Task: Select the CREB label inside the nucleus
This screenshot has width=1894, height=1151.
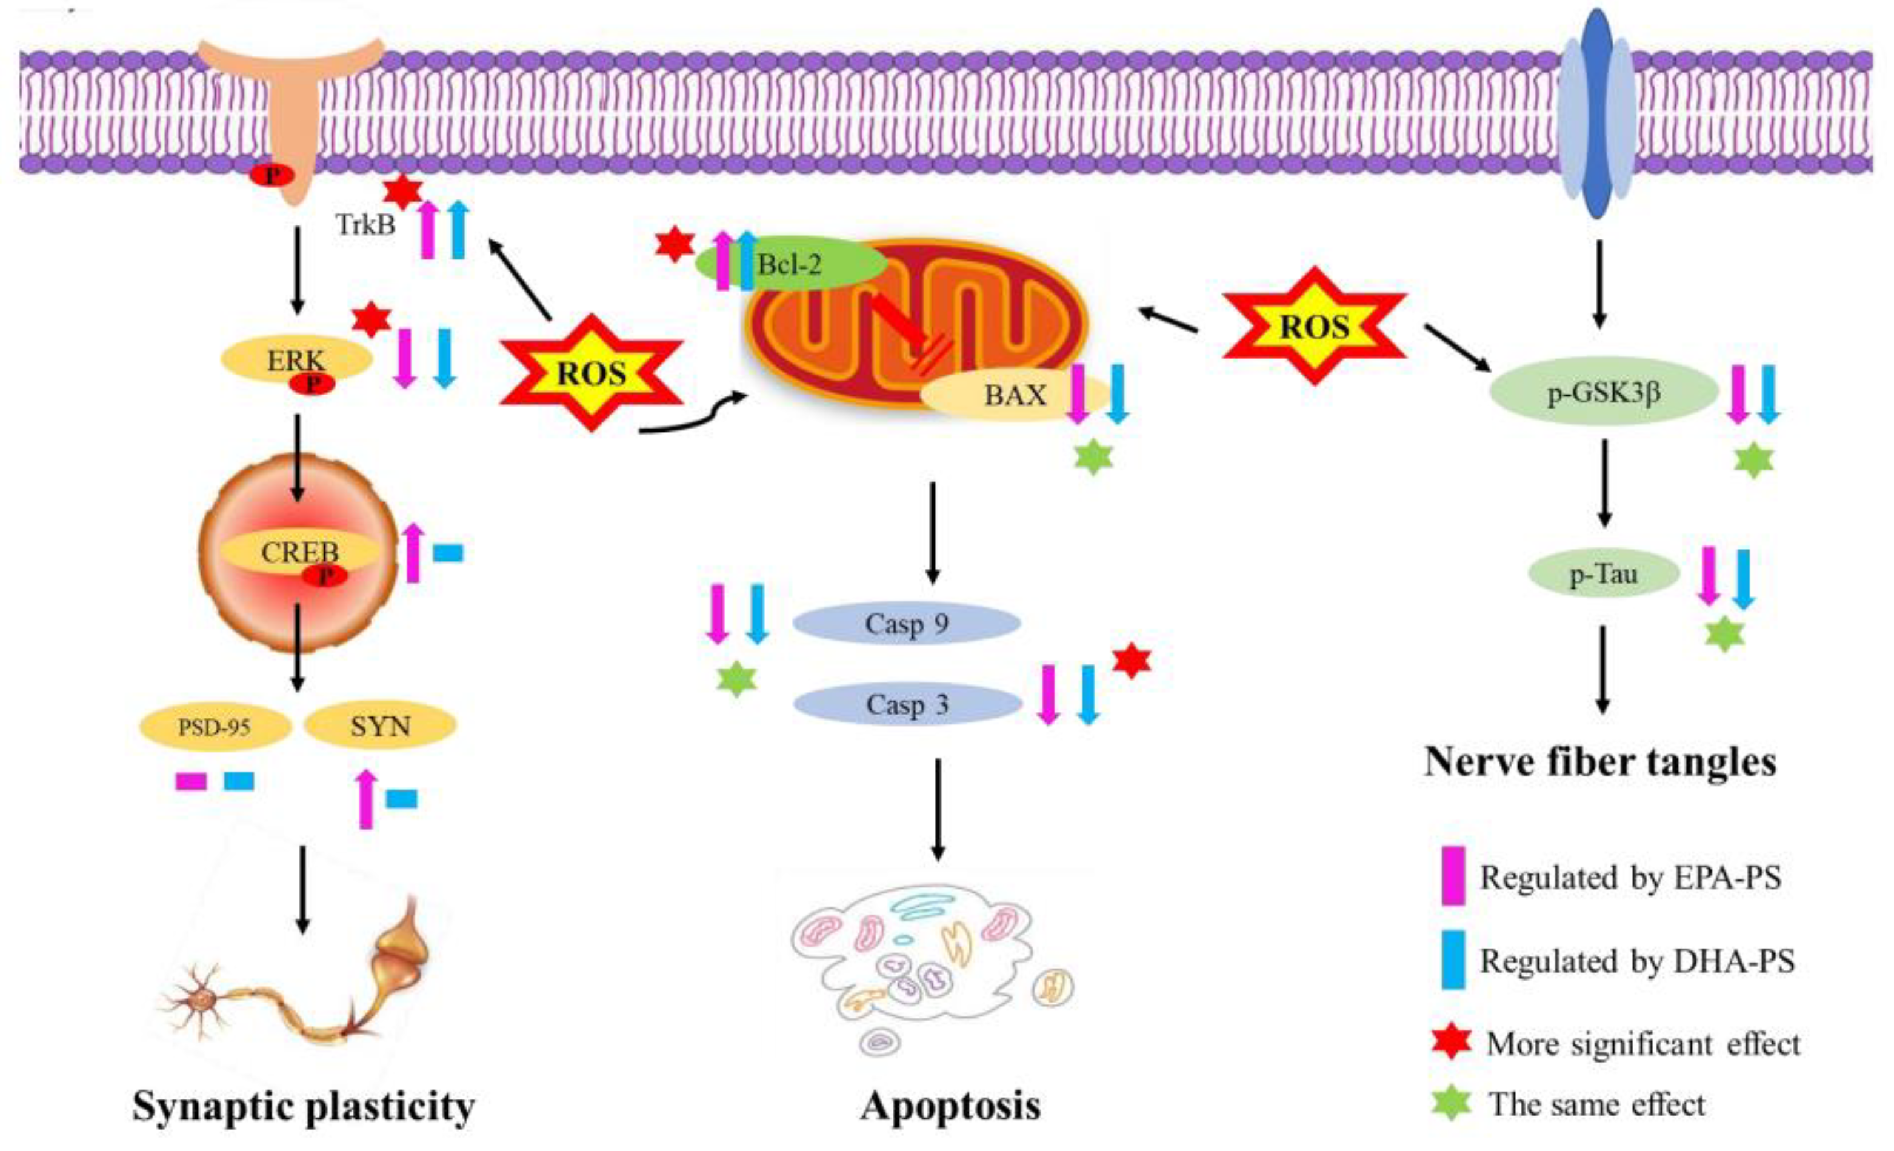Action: (300, 552)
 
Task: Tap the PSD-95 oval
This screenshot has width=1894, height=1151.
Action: (215, 726)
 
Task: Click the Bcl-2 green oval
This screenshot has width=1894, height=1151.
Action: (792, 264)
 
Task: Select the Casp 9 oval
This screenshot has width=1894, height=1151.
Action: (907, 624)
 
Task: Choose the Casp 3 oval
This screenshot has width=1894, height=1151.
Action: (907, 704)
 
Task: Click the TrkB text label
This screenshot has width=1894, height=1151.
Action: (365, 224)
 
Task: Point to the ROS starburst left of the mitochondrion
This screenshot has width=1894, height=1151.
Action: (592, 373)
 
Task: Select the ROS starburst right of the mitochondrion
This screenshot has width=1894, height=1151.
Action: (1315, 326)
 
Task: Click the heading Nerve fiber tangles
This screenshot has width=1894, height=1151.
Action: (1601, 762)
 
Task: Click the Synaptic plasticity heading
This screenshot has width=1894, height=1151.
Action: (304, 1107)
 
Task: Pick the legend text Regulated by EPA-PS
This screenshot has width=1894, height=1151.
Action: (1630, 877)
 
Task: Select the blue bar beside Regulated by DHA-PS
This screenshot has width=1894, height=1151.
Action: (1453, 959)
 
